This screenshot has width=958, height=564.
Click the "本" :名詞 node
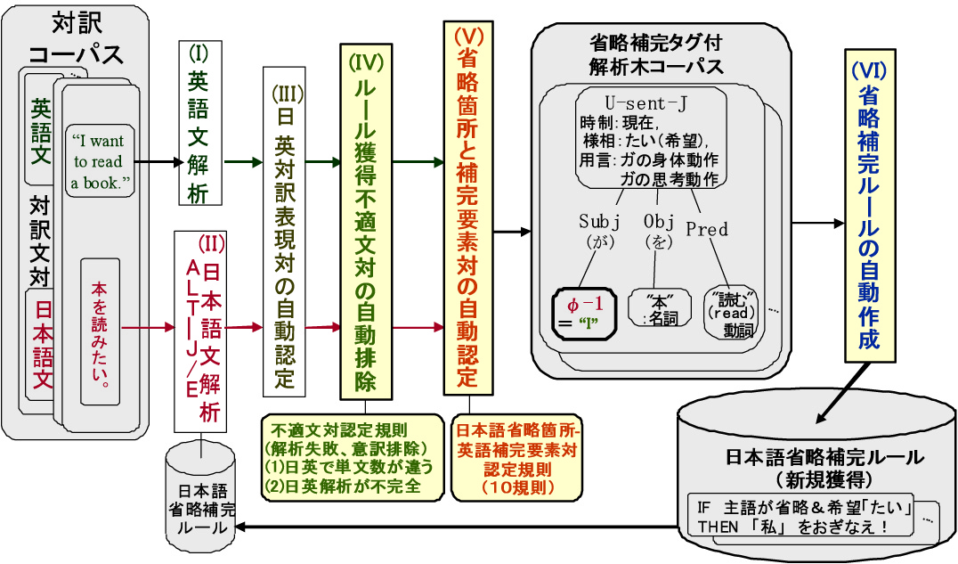pos(660,307)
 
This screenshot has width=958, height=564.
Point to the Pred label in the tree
pos(707,229)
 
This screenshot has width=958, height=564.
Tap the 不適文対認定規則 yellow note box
pos(352,456)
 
